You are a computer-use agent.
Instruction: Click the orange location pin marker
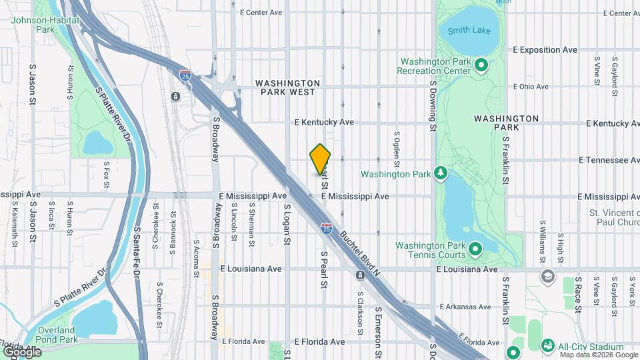click(x=320, y=159)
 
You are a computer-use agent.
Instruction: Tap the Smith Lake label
click(x=469, y=31)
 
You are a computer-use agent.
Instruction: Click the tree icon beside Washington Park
click(x=440, y=174)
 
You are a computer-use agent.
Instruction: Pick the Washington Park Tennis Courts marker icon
click(x=475, y=249)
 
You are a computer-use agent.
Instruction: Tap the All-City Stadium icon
click(x=547, y=345)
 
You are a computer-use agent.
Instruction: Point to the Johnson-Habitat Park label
click(x=45, y=25)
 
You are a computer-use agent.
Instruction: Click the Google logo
click(x=22, y=351)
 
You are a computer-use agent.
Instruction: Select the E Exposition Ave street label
click(x=545, y=50)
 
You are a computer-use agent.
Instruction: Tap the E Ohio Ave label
click(x=531, y=87)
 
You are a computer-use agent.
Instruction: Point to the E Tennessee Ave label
click(x=609, y=160)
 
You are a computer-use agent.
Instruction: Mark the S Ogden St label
click(x=396, y=148)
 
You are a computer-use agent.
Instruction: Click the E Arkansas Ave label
click(x=466, y=307)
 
